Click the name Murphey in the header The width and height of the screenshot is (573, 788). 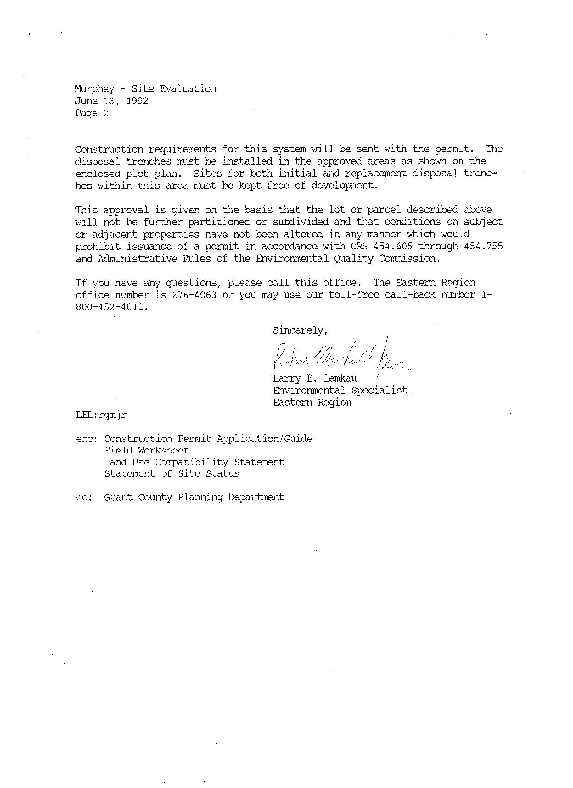coord(94,89)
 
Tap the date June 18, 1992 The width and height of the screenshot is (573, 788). coord(112,101)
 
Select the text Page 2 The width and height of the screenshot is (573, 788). coord(92,113)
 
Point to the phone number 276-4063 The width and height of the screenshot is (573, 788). coord(194,295)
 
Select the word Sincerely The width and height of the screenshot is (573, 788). coord(299,330)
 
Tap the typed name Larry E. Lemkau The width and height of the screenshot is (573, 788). coord(315,378)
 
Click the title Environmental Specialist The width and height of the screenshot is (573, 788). coord(340,391)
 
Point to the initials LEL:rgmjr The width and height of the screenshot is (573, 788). coord(101,415)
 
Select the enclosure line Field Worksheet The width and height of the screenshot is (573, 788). coord(146,450)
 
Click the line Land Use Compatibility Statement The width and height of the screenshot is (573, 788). coord(194,462)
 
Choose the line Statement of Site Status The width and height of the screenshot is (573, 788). coord(172,473)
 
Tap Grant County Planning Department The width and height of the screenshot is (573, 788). coord(194,497)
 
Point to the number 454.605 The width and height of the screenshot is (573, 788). coord(397,246)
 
